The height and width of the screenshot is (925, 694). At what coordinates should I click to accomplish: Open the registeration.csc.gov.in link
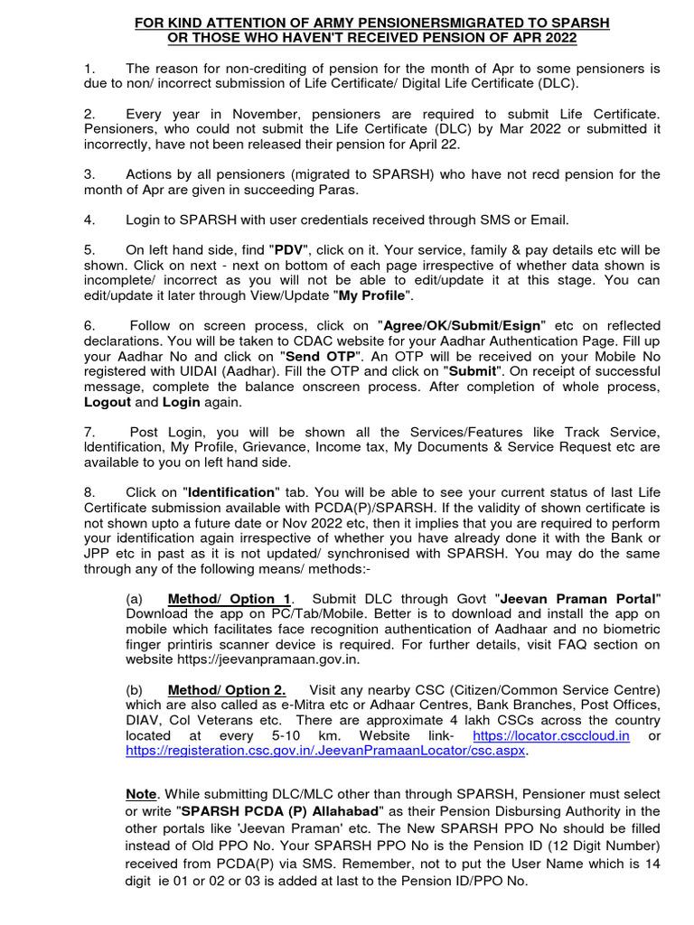[326, 751]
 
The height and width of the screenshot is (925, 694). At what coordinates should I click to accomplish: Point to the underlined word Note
[141, 794]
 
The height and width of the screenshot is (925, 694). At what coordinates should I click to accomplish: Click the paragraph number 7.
[88, 432]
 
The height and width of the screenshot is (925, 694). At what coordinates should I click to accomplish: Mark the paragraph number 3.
[88, 173]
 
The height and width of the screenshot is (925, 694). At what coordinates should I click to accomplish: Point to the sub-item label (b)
[136, 691]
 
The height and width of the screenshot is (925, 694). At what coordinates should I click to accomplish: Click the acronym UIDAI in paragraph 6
[182, 371]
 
